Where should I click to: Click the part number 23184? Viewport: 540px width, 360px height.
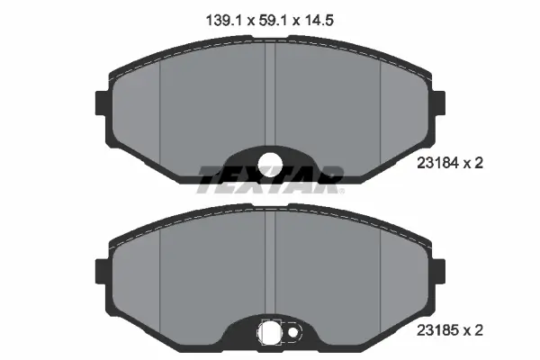click(437, 163)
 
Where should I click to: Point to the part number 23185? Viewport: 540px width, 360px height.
click(437, 330)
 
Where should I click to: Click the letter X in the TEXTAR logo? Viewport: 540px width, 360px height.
click(244, 177)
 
